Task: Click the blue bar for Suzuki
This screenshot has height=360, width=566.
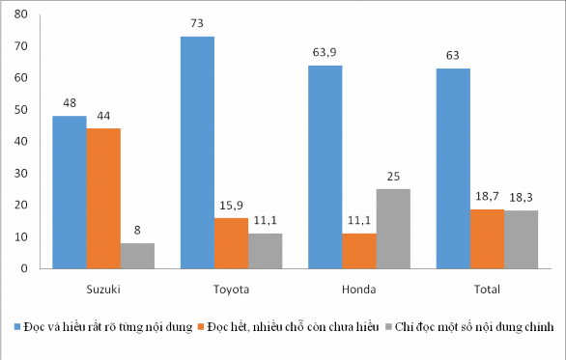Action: click(x=70, y=192)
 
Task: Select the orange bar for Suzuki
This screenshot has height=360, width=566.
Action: click(x=103, y=198)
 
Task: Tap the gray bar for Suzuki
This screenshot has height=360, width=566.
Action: click(x=137, y=256)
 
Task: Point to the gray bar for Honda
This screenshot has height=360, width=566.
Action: click(x=393, y=229)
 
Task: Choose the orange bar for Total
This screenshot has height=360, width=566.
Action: click(x=487, y=238)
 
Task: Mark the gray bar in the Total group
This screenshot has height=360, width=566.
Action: click(x=521, y=239)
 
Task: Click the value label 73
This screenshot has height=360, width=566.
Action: click(x=197, y=27)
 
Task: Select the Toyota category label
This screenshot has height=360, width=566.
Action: click(x=231, y=289)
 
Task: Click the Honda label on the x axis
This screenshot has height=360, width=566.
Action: click(x=359, y=289)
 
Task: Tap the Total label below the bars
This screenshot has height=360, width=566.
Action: click(x=488, y=289)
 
